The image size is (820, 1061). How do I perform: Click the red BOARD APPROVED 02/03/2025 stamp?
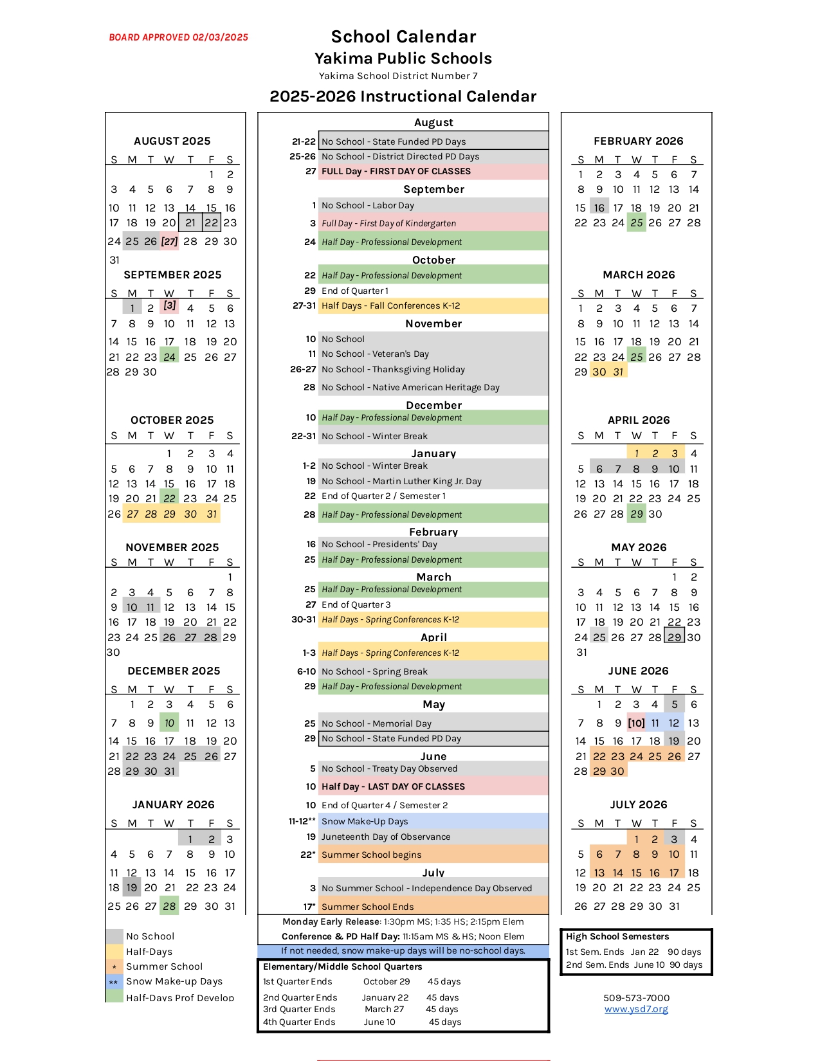[178, 37]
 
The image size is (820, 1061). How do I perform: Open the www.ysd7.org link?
[636, 1009]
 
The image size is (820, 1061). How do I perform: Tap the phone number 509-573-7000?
[636, 998]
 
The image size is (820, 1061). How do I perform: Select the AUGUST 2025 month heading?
[172, 141]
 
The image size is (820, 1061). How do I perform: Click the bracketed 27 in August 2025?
[169, 241]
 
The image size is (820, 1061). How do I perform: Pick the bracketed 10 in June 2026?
[636, 723]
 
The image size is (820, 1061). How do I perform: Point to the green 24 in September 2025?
[169, 357]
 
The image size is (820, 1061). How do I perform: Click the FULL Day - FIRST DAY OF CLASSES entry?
[396, 172]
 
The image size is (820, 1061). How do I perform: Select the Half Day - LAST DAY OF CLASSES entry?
[393, 786]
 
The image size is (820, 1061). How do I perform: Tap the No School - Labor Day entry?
[368, 205]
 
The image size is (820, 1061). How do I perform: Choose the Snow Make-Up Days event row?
[365, 821]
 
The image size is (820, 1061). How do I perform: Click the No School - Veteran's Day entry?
[375, 354]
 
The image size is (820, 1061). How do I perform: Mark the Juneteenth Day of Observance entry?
[386, 837]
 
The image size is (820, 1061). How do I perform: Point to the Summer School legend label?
[164, 966]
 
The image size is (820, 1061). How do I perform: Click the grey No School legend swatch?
[114, 936]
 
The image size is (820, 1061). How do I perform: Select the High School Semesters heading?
[617, 936]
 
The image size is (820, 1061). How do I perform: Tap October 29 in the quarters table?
[386, 981]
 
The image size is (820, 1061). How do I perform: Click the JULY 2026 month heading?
[639, 804]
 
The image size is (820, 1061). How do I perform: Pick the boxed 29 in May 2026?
[674, 637]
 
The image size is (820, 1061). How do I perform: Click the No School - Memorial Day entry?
[376, 723]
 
